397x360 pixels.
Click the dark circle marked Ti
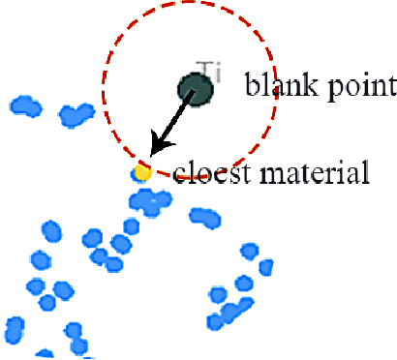(x=196, y=90)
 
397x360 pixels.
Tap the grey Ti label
(x=204, y=69)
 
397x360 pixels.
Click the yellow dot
(x=142, y=173)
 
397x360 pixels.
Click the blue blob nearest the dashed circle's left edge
(x=75, y=115)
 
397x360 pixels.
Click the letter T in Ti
(x=200, y=69)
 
